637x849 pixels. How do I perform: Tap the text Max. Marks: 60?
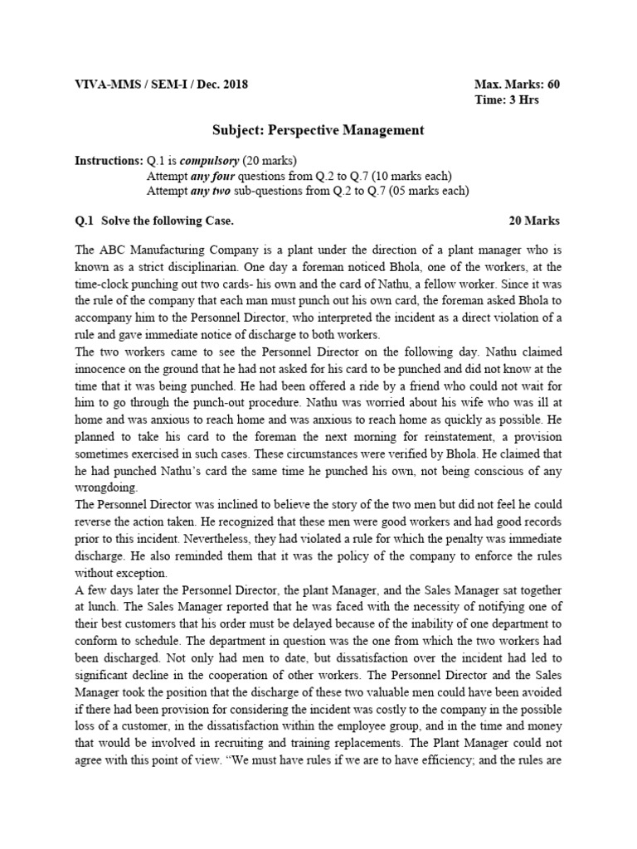tap(516, 85)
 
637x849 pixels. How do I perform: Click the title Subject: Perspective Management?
tap(318, 130)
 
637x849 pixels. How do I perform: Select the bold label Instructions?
tap(108, 160)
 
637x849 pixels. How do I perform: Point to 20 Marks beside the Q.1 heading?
tap(533, 221)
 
